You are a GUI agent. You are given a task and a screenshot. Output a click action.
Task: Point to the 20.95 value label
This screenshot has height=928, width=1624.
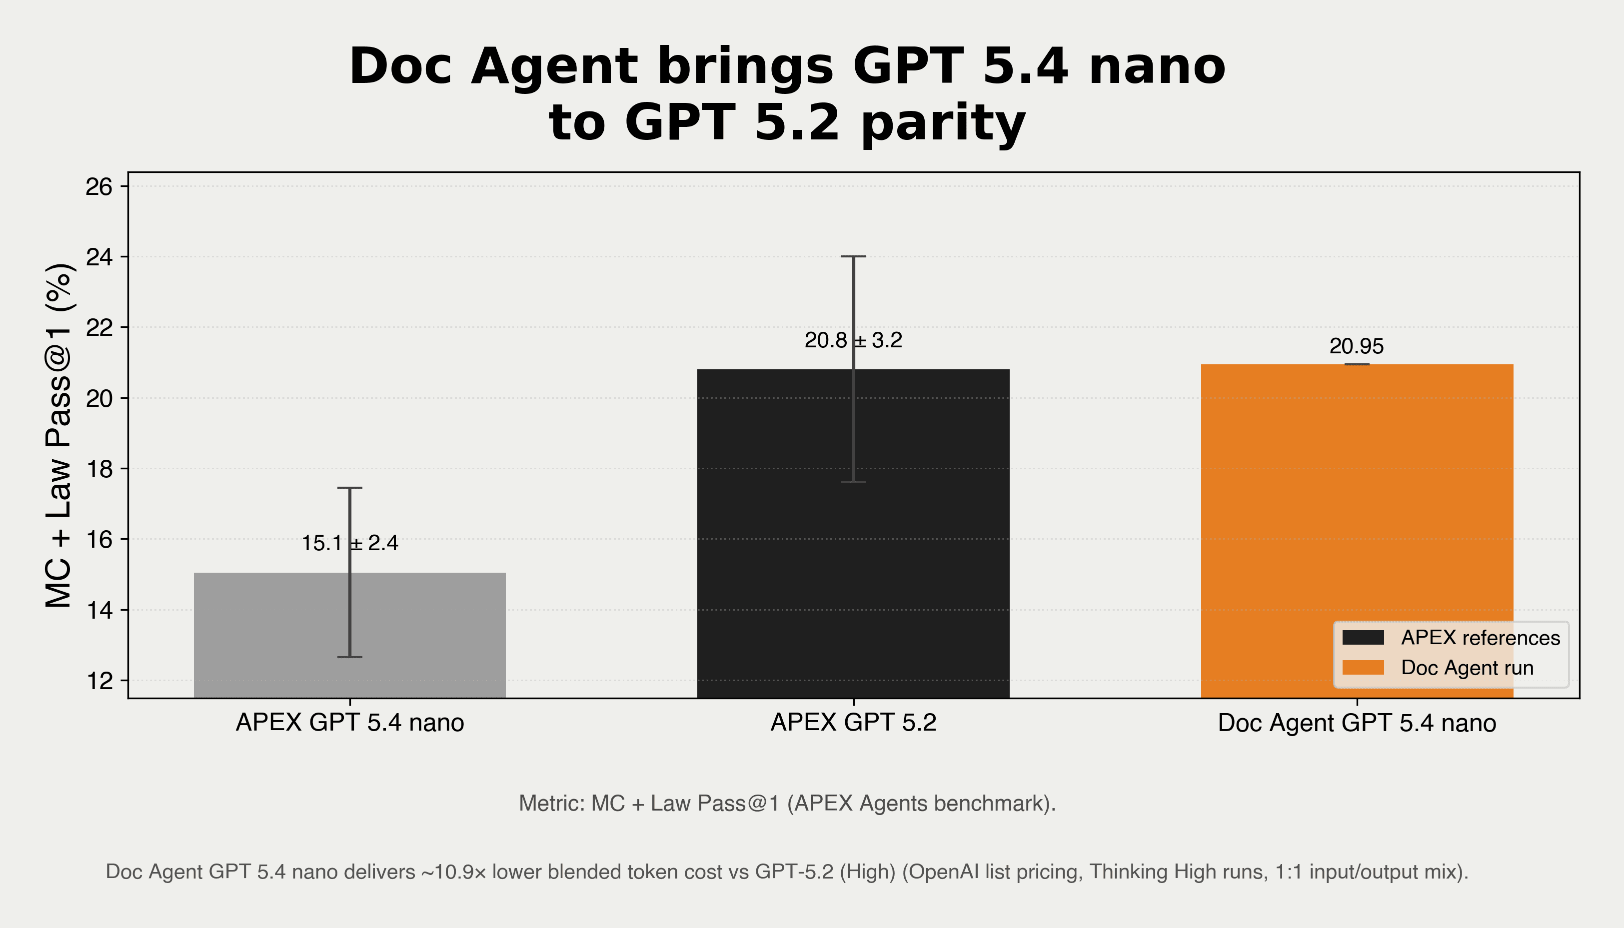(x=1356, y=346)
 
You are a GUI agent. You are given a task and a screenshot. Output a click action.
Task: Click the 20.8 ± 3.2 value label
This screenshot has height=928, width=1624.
(x=853, y=340)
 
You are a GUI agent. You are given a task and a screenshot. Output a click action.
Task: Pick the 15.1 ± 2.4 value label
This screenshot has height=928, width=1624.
(x=349, y=543)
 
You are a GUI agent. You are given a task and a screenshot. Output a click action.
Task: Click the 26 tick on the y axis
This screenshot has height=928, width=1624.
(x=99, y=187)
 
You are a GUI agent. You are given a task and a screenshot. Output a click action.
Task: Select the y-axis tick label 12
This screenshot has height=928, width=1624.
(x=99, y=681)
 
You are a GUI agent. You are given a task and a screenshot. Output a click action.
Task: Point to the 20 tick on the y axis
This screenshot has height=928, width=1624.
(x=99, y=398)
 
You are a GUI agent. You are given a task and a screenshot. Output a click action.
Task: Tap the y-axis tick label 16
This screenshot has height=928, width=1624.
(x=99, y=540)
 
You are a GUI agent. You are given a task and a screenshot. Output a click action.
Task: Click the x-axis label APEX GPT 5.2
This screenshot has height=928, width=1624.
(x=853, y=722)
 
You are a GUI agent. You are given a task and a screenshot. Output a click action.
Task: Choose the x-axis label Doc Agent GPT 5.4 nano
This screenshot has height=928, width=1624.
(x=1356, y=723)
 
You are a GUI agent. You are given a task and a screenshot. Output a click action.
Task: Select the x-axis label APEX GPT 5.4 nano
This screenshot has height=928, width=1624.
(x=349, y=722)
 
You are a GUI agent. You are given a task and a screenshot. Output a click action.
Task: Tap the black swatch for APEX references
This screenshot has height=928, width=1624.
(x=1363, y=637)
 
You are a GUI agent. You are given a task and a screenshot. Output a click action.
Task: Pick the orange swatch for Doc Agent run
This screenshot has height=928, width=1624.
(x=1363, y=667)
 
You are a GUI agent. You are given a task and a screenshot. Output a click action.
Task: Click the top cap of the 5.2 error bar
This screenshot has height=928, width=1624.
(x=853, y=256)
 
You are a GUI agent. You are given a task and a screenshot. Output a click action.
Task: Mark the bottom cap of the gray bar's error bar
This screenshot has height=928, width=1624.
(x=349, y=657)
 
